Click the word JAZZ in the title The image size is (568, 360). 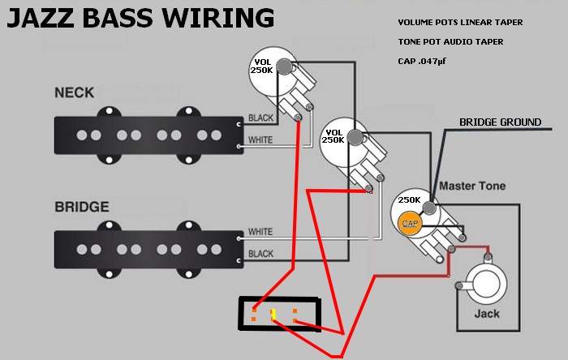point(41,18)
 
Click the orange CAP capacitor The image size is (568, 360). point(409,223)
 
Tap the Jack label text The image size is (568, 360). point(487,313)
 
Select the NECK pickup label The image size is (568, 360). point(75,92)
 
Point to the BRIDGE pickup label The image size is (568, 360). point(82,207)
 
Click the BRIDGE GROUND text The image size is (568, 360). point(501,122)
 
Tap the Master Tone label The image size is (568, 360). point(472,186)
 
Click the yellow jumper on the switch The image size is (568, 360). point(273,315)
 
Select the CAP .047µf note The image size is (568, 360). point(422,61)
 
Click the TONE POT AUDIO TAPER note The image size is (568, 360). point(450,42)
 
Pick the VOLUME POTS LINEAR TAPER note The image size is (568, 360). point(460,23)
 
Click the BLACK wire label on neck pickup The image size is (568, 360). point(260,118)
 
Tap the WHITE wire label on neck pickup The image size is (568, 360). point(260,139)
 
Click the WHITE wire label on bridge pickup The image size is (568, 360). point(260,232)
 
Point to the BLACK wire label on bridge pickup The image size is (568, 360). point(260,254)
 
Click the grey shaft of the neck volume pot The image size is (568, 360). point(285,66)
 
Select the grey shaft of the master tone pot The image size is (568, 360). point(429,208)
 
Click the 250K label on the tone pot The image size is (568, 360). point(409,199)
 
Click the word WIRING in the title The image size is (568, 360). point(217,18)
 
